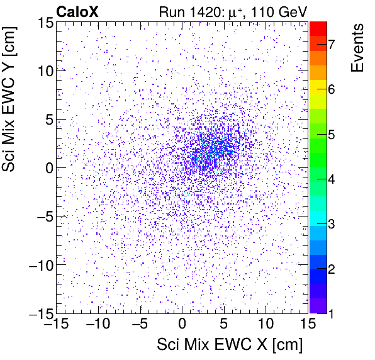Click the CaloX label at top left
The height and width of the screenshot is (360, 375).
click(x=77, y=11)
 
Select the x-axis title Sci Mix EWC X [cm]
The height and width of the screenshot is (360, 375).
click(x=230, y=344)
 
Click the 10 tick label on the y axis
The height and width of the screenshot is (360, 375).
click(x=43, y=70)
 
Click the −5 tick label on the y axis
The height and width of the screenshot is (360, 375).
click(x=42, y=217)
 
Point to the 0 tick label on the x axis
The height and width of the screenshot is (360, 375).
click(x=182, y=324)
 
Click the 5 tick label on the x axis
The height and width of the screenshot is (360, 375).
click(x=223, y=324)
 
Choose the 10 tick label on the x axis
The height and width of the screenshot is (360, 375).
click(x=266, y=324)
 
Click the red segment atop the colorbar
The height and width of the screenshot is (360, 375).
click(x=318, y=28)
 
